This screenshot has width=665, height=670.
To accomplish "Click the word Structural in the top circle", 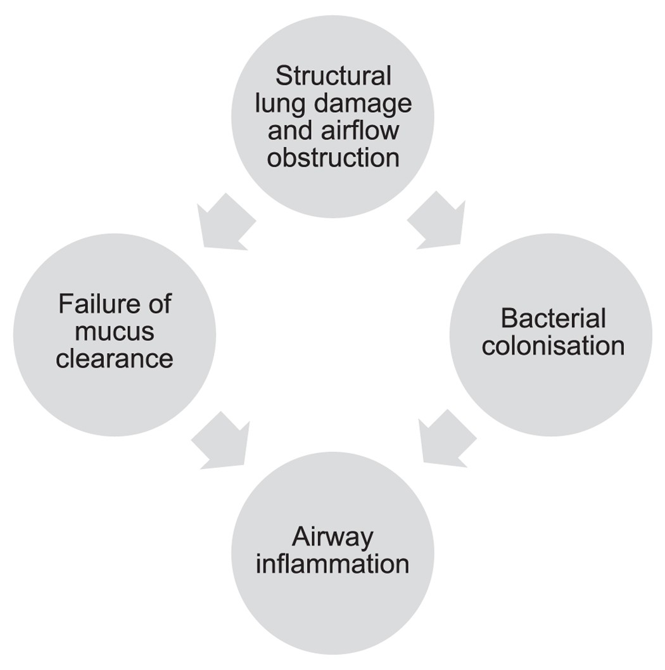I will pyautogui.click(x=333, y=77).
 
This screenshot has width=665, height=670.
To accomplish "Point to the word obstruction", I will pyautogui.click(x=333, y=157).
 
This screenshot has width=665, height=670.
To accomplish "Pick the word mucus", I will pyautogui.click(x=114, y=332).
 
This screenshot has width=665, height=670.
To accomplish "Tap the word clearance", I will pyautogui.click(x=114, y=359).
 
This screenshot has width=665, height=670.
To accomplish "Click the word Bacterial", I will pyautogui.click(x=553, y=319).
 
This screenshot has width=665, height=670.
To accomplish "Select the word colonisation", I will pyautogui.click(x=553, y=346).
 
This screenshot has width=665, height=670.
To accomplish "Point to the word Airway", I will pyautogui.click(x=332, y=538).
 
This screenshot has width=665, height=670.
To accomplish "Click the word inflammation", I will pyautogui.click(x=332, y=564).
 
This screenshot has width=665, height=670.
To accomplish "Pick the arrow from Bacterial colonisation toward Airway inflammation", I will pyautogui.click(x=445, y=440).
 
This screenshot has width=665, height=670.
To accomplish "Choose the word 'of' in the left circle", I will pyautogui.click(x=158, y=304).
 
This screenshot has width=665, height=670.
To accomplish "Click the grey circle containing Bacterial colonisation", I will pyautogui.click(x=551, y=380).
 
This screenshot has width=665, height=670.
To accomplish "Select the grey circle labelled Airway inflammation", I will pyautogui.click(x=332, y=609).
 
